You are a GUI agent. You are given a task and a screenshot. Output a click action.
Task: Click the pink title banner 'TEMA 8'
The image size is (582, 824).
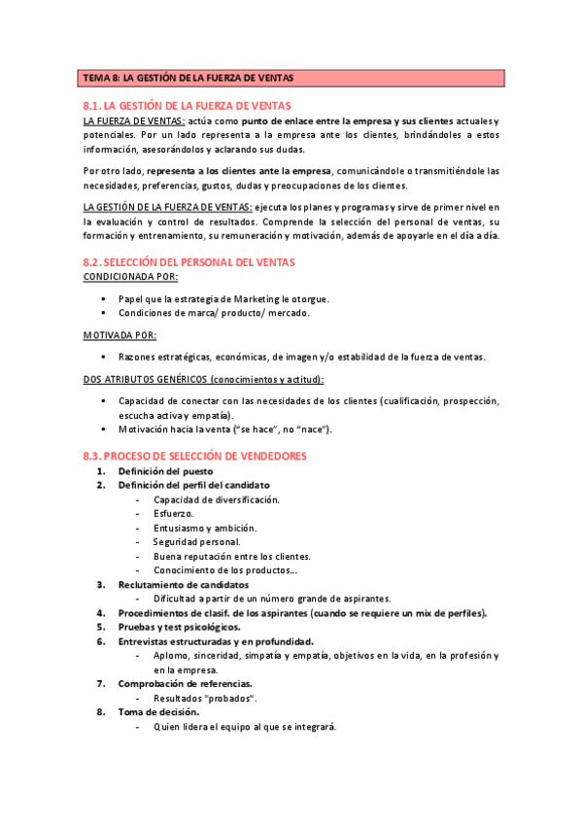291,78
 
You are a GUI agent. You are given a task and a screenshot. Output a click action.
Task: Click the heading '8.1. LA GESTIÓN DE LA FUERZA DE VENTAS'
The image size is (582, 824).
188,105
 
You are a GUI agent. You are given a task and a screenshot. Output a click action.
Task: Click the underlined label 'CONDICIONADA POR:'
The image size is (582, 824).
131,277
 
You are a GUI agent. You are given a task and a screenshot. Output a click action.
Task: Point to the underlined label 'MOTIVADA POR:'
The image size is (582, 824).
120,335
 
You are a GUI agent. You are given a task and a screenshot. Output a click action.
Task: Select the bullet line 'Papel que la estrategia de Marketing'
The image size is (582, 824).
223,299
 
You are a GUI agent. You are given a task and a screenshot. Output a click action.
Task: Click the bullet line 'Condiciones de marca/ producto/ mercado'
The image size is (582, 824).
214,314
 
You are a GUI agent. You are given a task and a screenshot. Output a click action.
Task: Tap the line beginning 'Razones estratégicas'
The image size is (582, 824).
301,358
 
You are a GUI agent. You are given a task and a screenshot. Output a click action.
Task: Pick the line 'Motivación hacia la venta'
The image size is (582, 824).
224,429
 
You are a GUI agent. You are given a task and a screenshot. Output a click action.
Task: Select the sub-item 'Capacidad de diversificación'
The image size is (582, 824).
216,499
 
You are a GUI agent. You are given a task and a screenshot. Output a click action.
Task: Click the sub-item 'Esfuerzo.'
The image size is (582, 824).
173,514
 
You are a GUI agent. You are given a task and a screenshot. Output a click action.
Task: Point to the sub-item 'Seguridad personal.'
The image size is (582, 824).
196,542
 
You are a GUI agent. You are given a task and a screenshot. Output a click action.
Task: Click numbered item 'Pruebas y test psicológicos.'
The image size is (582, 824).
179,628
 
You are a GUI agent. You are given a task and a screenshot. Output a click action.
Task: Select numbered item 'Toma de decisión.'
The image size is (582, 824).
158,712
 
